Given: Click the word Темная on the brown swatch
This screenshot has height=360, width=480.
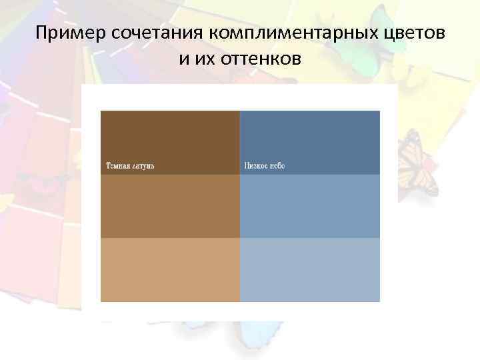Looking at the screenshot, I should [x=117, y=165].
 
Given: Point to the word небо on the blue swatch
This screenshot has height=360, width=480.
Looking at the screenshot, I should [x=277, y=165].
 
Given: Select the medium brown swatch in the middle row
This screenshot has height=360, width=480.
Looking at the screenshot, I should [x=170, y=206].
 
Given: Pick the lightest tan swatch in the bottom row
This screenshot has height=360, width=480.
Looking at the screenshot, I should [x=170, y=269].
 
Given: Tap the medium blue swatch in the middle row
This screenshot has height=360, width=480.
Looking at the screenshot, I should [x=310, y=206].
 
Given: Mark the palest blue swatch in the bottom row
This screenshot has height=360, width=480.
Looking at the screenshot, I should [x=310, y=269].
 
